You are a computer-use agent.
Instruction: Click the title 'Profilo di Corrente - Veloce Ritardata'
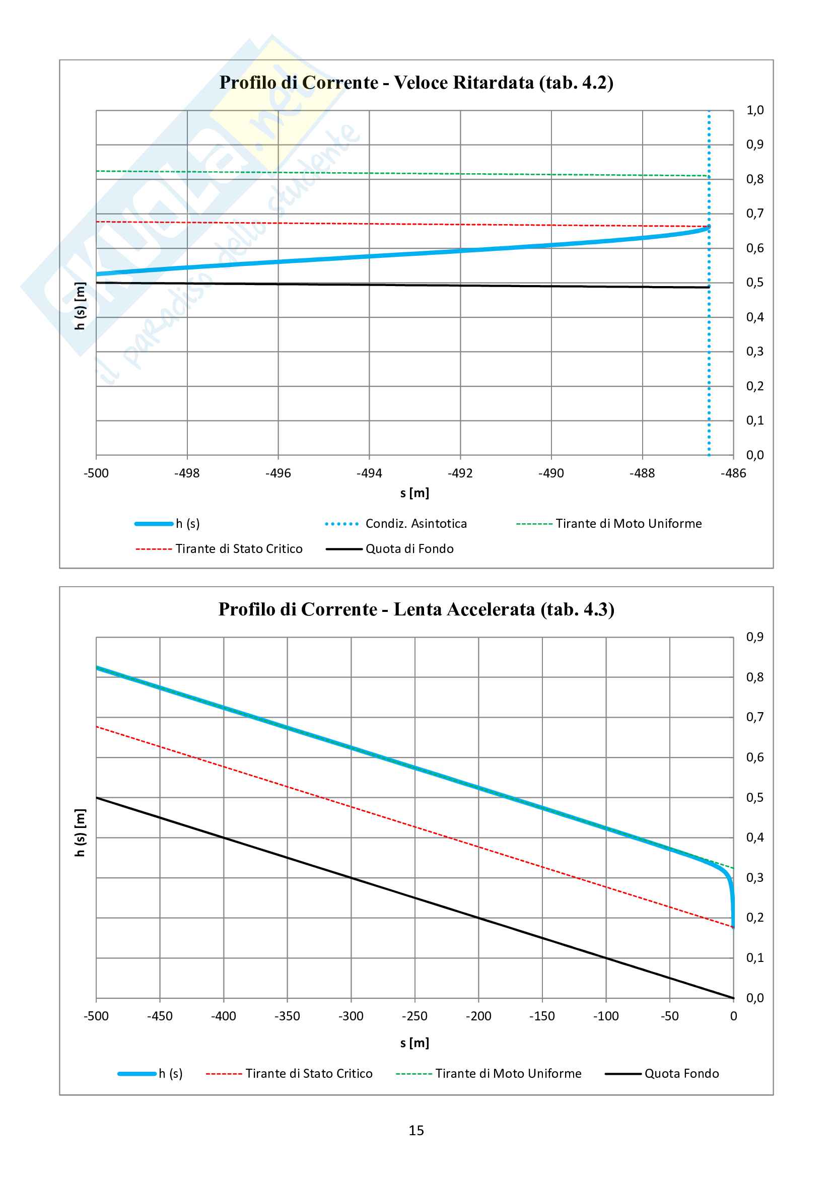[x=416, y=83]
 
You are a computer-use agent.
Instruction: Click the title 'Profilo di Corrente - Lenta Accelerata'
[x=416, y=609]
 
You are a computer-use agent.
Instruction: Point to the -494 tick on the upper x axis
[x=369, y=473]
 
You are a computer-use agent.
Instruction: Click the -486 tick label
[x=733, y=473]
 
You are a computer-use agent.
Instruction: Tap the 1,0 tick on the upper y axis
[x=754, y=110]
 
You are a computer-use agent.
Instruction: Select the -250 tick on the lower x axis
[x=414, y=1016]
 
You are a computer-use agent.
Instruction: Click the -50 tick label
[x=669, y=1016]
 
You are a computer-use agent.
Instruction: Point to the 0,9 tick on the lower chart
[x=754, y=637]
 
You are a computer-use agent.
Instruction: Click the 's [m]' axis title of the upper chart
[x=414, y=494]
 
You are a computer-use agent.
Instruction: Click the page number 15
[x=416, y=1131]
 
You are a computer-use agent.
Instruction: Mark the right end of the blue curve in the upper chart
[x=709, y=227]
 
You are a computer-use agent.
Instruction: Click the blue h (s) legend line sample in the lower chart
[x=137, y=1074]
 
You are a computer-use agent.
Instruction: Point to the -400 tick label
[x=224, y=1016]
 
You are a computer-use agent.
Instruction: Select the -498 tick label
[x=187, y=473]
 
